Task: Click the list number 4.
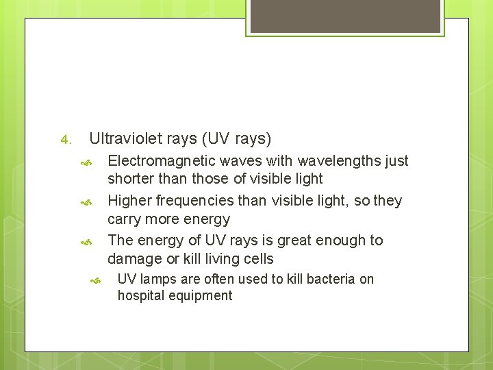tap(65, 140)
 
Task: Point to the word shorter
tap(131, 179)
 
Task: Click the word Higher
tap(131, 201)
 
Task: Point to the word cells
tap(257, 259)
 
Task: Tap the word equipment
tap(199, 296)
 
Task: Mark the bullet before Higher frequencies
tap(86, 203)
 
